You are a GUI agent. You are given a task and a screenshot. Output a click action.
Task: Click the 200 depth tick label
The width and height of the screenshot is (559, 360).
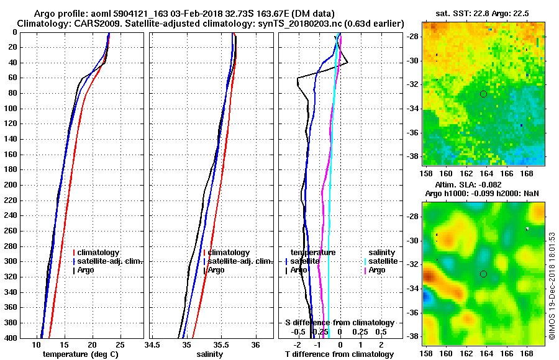10,185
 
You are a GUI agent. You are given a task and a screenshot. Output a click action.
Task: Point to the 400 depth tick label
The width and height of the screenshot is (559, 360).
10,338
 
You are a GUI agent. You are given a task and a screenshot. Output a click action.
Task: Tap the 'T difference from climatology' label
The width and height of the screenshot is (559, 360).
339,354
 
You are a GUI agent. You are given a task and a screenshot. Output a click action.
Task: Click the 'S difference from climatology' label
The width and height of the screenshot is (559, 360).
339,323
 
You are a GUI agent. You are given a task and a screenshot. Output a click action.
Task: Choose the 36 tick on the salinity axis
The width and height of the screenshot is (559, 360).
255,344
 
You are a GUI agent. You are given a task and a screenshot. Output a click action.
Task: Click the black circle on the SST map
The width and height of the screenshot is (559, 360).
483,94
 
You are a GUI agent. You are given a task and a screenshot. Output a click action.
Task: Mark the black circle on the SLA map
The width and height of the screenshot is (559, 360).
483,274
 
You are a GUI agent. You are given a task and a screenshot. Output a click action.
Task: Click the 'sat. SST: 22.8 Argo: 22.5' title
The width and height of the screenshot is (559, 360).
482,14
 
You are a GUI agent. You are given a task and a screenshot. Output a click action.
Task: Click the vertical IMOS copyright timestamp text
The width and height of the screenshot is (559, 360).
552,285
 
